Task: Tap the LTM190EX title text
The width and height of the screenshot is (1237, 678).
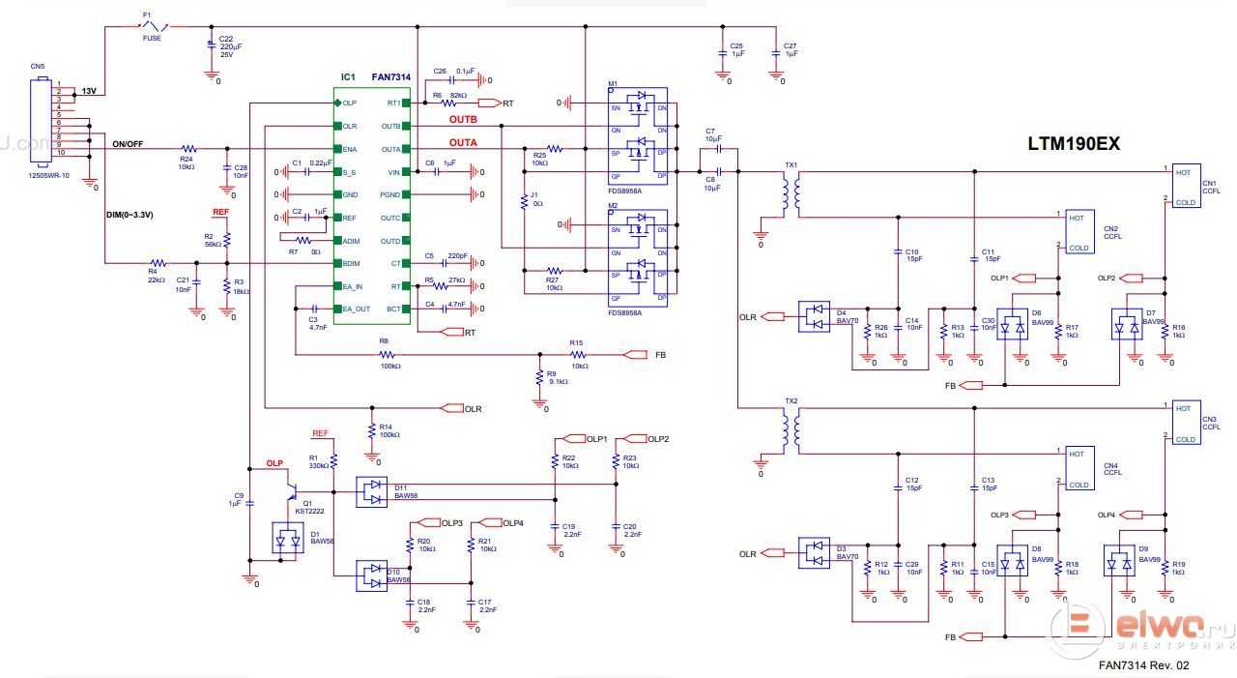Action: [x=1073, y=144]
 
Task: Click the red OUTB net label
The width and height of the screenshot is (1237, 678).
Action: [x=463, y=120]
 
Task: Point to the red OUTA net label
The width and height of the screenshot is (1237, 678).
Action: [x=463, y=143]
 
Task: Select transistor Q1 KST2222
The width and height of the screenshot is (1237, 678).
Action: [x=295, y=493]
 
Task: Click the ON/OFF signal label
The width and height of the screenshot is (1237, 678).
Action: [x=128, y=144]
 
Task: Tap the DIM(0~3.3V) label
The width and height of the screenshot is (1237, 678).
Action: [x=129, y=215]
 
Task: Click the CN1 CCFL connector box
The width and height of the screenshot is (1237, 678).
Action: [x=1186, y=186]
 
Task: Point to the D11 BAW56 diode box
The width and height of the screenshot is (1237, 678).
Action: [x=373, y=491]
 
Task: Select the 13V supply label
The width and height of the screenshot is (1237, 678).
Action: [x=88, y=91]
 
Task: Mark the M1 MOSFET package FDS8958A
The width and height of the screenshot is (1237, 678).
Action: [x=638, y=135]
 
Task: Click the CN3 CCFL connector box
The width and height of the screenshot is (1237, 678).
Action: [x=1186, y=423]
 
